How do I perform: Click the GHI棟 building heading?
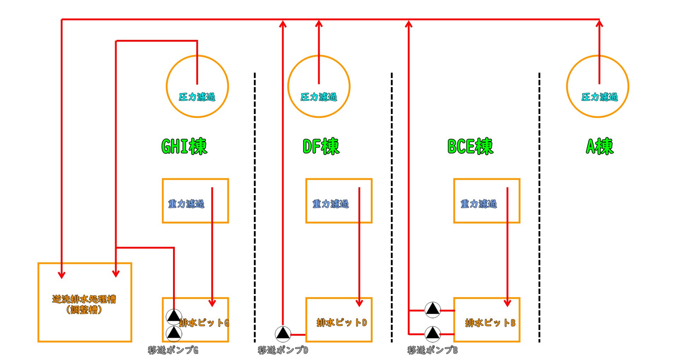(x=184, y=146)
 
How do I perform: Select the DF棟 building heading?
(x=321, y=146)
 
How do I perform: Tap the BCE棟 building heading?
(x=470, y=146)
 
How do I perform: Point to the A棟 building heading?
(x=600, y=146)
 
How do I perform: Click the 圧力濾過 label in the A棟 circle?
(x=600, y=97)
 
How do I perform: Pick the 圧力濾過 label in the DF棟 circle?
(x=319, y=97)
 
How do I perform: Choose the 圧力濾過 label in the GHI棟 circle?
(x=197, y=97)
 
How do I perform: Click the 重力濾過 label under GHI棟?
(x=186, y=204)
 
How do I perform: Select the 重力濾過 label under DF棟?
(x=331, y=204)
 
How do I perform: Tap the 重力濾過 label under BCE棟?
(x=478, y=204)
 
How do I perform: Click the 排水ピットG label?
(x=204, y=323)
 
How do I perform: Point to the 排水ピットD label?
(x=341, y=323)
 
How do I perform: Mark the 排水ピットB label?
(x=490, y=323)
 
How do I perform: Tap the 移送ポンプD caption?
(x=283, y=350)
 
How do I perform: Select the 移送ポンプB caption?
(x=433, y=350)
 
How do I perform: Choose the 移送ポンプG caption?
(x=173, y=350)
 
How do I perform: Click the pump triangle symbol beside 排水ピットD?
(x=283, y=334)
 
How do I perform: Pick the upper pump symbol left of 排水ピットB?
(x=433, y=310)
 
